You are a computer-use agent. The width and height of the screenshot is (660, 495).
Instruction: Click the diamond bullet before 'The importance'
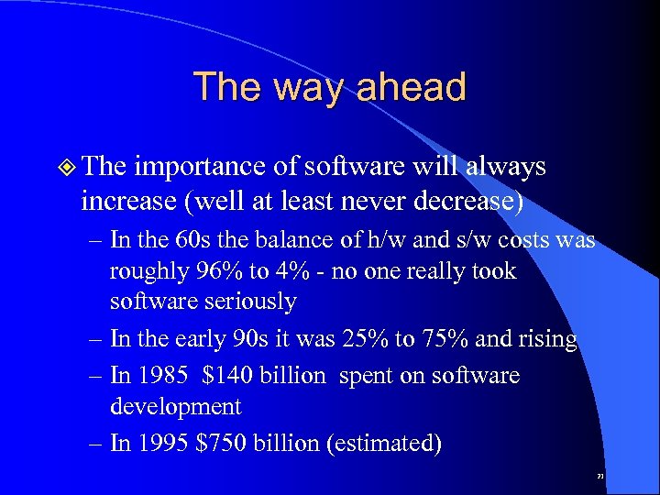[x=65, y=168]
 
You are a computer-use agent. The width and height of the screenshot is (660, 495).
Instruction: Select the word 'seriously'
[x=254, y=302]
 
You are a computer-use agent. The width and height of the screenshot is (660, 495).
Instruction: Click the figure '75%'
[x=446, y=339]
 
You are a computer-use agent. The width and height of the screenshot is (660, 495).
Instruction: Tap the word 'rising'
[x=548, y=339]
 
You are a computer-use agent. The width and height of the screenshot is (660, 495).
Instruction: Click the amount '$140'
[x=219, y=377]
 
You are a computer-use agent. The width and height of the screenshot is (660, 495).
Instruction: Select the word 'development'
[x=175, y=406]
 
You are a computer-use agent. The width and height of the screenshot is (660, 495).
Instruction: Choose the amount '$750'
[x=214, y=444]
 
